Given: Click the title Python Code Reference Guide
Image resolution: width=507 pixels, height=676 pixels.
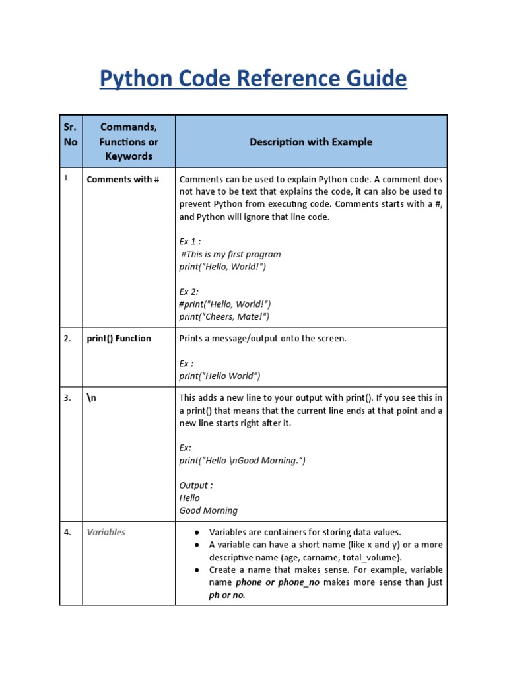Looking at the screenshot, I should [253, 79].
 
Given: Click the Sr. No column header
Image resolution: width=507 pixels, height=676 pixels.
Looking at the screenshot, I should [71, 134].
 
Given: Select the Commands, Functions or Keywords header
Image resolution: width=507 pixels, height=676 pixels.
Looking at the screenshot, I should [129, 141].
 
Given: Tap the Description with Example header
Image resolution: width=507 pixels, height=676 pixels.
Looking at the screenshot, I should [311, 142].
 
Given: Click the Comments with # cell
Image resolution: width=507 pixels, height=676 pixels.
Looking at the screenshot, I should [123, 180].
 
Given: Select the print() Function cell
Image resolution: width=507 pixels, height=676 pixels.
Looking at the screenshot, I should [119, 339].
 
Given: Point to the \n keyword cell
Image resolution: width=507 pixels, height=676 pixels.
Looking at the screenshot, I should [92, 398].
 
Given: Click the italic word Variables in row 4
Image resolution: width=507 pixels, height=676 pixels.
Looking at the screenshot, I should [106, 532].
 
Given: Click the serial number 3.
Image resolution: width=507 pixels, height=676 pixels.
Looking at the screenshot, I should [67, 398].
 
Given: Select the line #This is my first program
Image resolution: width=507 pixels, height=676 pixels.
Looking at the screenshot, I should [230, 254].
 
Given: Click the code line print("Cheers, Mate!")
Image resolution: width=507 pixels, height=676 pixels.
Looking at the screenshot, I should [224, 316].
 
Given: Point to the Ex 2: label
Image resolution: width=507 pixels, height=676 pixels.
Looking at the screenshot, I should [189, 291].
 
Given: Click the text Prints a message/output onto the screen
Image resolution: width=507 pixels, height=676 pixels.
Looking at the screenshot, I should [263, 339].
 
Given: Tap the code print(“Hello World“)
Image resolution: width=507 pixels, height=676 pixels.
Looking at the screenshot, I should [220, 376].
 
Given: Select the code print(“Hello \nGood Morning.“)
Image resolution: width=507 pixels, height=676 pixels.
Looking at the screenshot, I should [242, 460].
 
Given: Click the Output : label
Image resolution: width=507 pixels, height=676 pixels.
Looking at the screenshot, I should [196, 485].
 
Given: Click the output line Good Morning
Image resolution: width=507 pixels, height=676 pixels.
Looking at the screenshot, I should [209, 510].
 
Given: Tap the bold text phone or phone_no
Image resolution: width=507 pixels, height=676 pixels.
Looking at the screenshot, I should [277, 582].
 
